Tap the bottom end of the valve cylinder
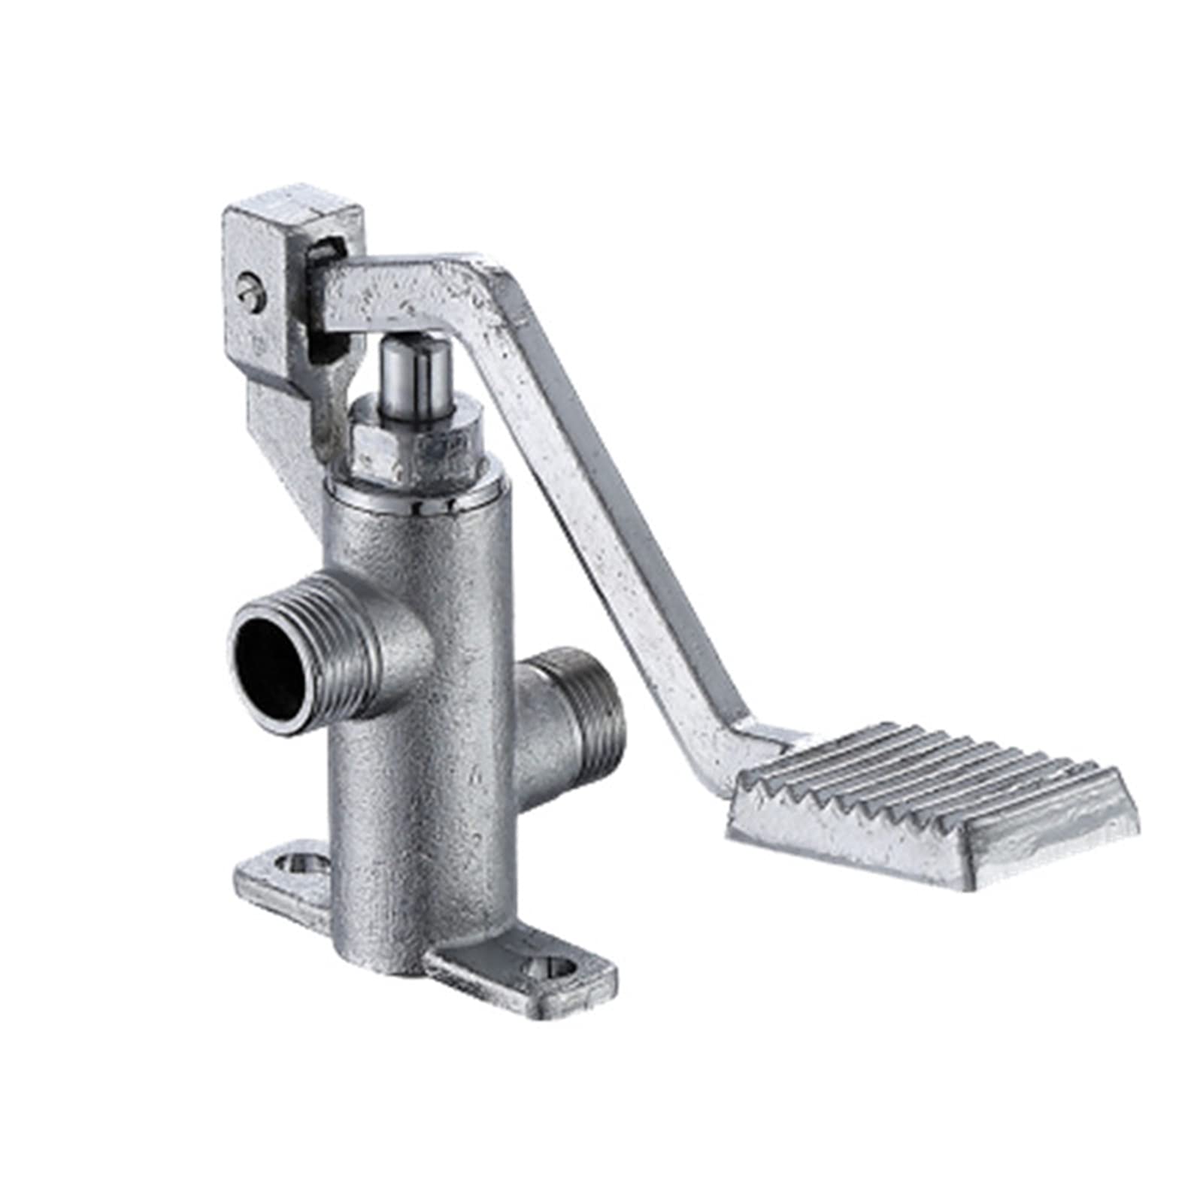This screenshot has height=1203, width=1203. click(x=391, y=955)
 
